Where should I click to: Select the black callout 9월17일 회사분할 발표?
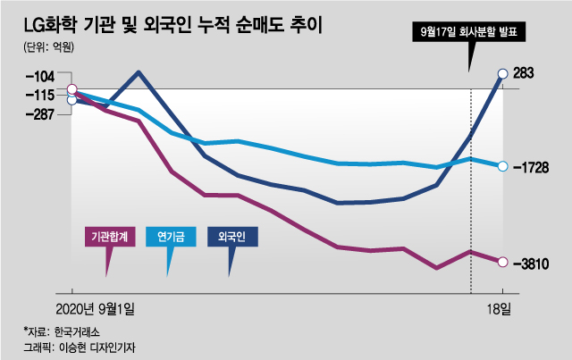tap(471, 34)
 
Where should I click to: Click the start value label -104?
tap(37, 79)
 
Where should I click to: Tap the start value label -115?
tap(37, 95)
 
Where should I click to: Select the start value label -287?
tap(37, 114)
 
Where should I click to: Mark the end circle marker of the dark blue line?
tap(503, 73)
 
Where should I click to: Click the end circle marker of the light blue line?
tap(503, 166)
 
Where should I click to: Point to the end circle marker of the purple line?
tap(503, 262)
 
